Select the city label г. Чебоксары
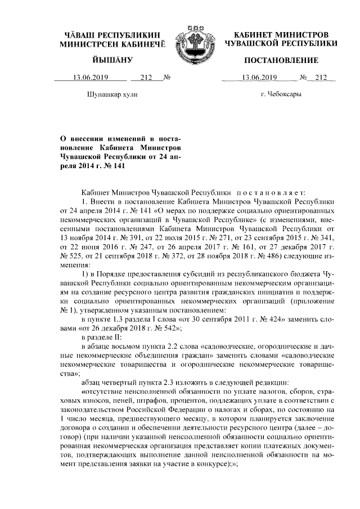281,94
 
